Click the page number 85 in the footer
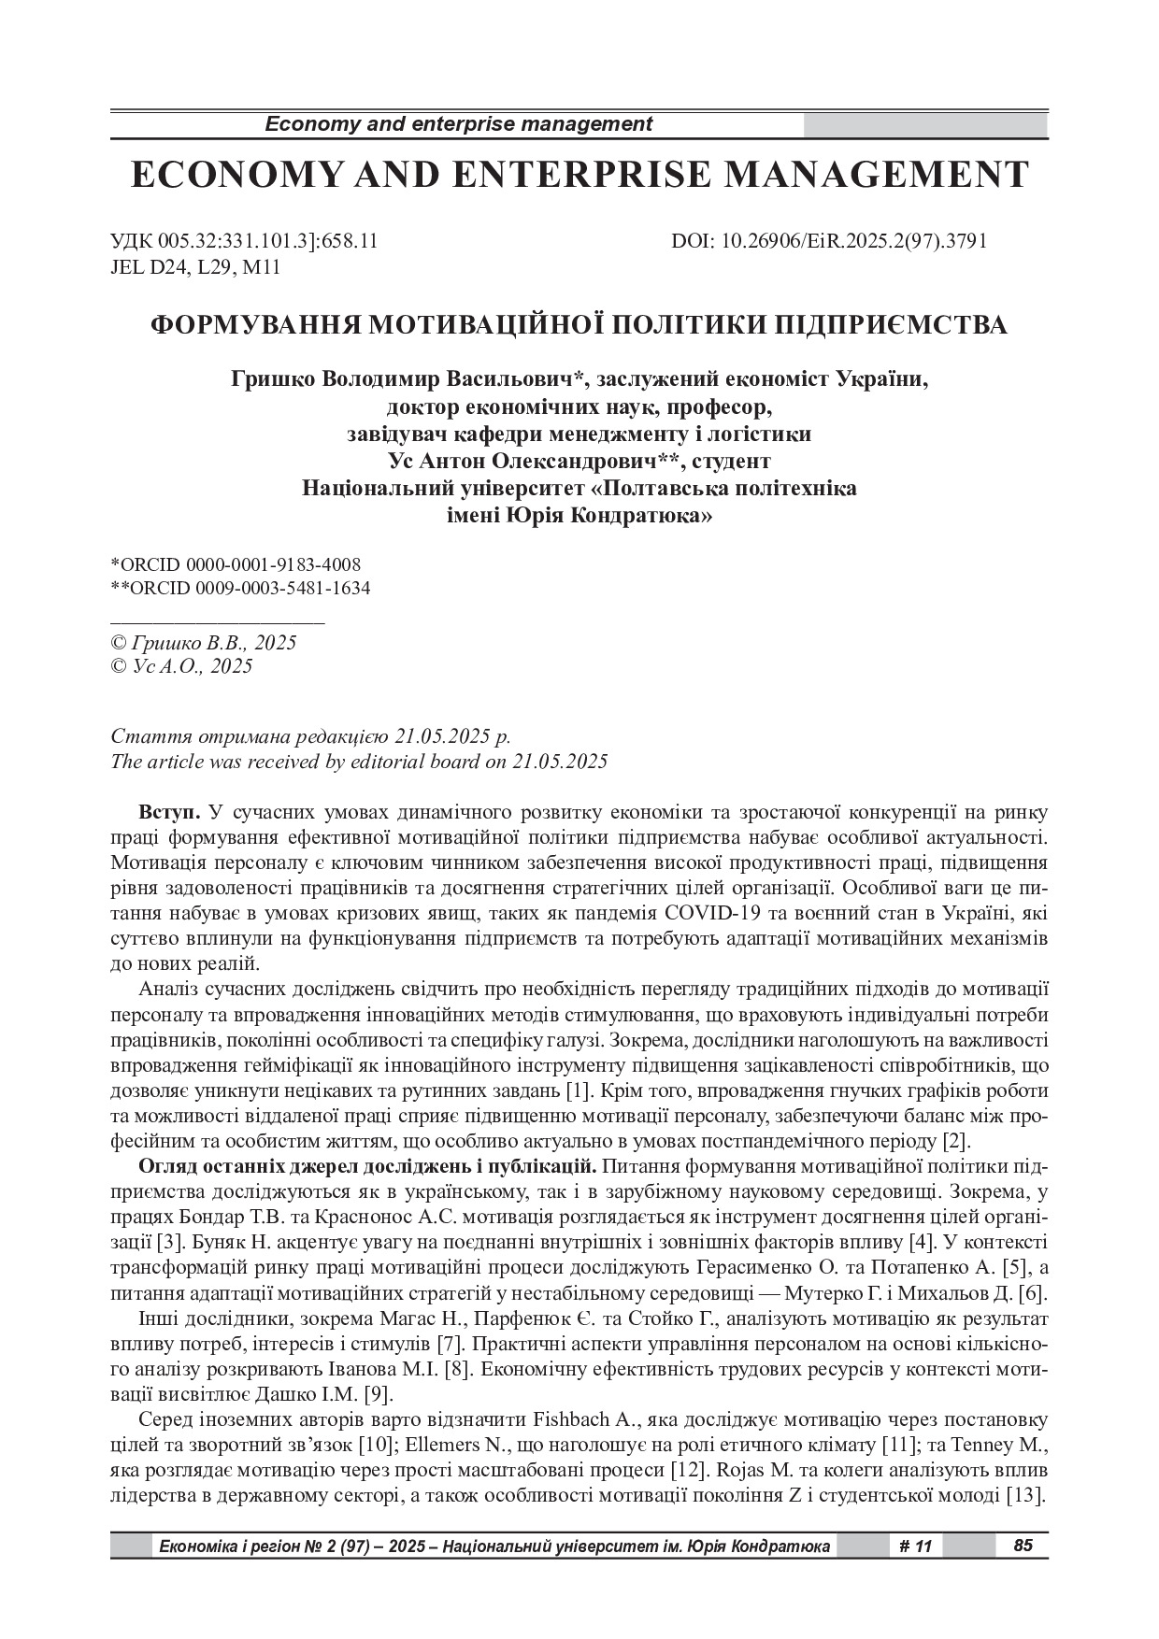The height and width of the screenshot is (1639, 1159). [1023, 1546]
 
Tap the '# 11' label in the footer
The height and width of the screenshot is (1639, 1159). [916, 1546]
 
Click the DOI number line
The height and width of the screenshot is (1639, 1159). [829, 241]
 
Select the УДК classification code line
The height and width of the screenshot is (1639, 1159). [244, 241]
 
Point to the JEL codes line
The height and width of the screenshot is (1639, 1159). [195, 268]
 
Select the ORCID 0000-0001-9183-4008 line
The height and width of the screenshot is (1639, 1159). [236, 564]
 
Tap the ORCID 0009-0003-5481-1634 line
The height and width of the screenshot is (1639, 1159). [240, 588]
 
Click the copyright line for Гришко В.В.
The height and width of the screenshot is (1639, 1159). [204, 643]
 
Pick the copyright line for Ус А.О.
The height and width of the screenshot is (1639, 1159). [181, 666]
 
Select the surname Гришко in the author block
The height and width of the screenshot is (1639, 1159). [273, 379]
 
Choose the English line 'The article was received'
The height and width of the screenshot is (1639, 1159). [359, 761]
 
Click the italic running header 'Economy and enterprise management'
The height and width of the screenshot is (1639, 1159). [459, 124]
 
